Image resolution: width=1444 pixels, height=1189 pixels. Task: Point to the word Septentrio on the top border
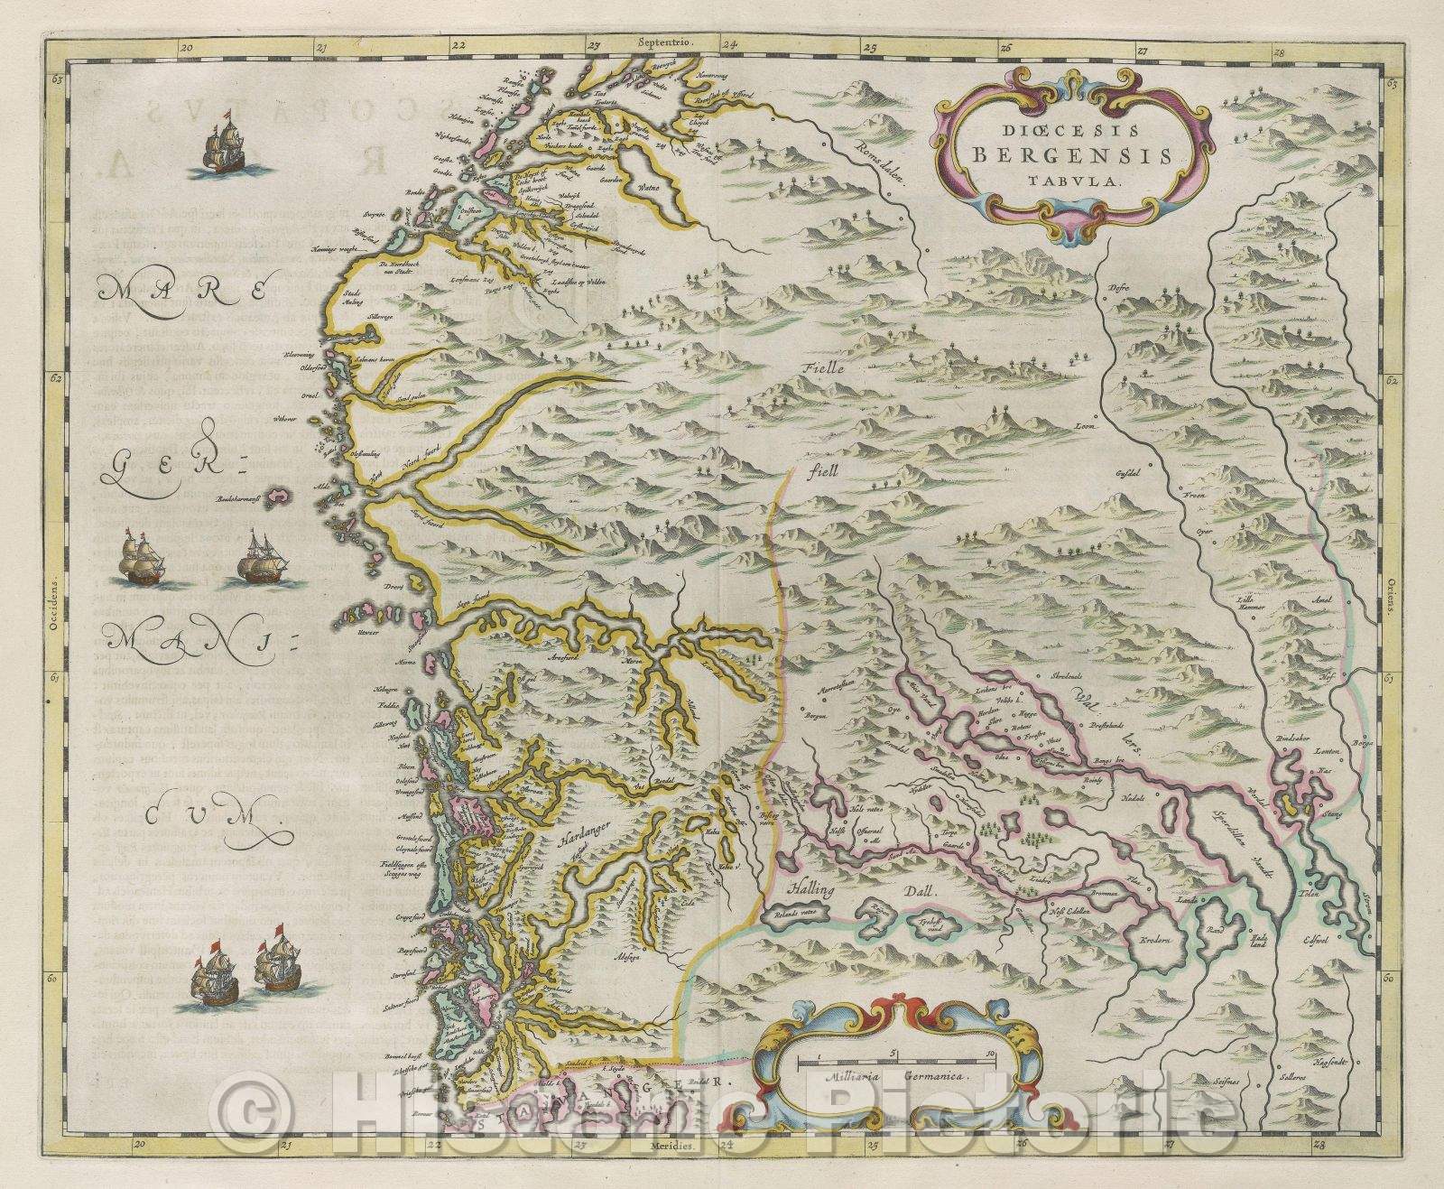pos(662,42)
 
